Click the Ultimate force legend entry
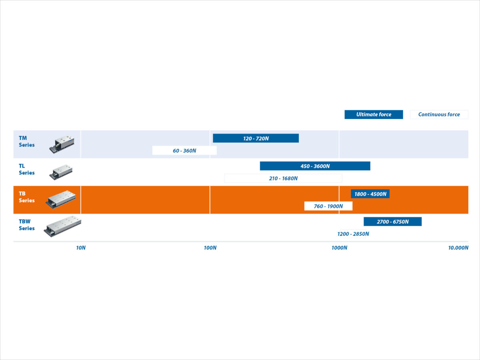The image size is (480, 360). pyautogui.click(x=374, y=114)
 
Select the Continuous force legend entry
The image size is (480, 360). pyautogui.click(x=439, y=114)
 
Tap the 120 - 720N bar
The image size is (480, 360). pyautogui.click(x=256, y=138)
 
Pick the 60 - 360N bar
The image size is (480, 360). pyautogui.click(x=184, y=150)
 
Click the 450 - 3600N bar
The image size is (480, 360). pyautogui.click(x=315, y=166)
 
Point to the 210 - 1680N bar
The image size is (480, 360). pyautogui.click(x=283, y=178)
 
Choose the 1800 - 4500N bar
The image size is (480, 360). pyautogui.click(x=370, y=194)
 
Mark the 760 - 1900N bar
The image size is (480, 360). pyautogui.click(x=328, y=206)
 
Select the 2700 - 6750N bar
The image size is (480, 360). pyautogui.click(x=392, y=222)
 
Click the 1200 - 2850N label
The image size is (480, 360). pyautogui.click(x=353, y=234)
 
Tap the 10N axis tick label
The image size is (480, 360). pyautogui.click(x=81, y=248)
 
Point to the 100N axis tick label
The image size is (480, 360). pyautogui.click(x=210, y=248)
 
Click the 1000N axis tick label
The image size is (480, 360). pyautogui.click(x=339, y=248)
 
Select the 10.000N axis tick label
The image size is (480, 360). pyautogui.click(x=458, y=248)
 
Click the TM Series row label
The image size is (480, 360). pyautogui.click(x=26, y=142)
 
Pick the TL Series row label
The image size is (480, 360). pyautogui.click(x=26, y=169)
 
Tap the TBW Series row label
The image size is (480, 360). pyautogui.click(x=26, y=225)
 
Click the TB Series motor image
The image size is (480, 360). pyautogui.click(x=61, y=199)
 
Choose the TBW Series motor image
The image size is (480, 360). pyautogui.click(x=62, y=226)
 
